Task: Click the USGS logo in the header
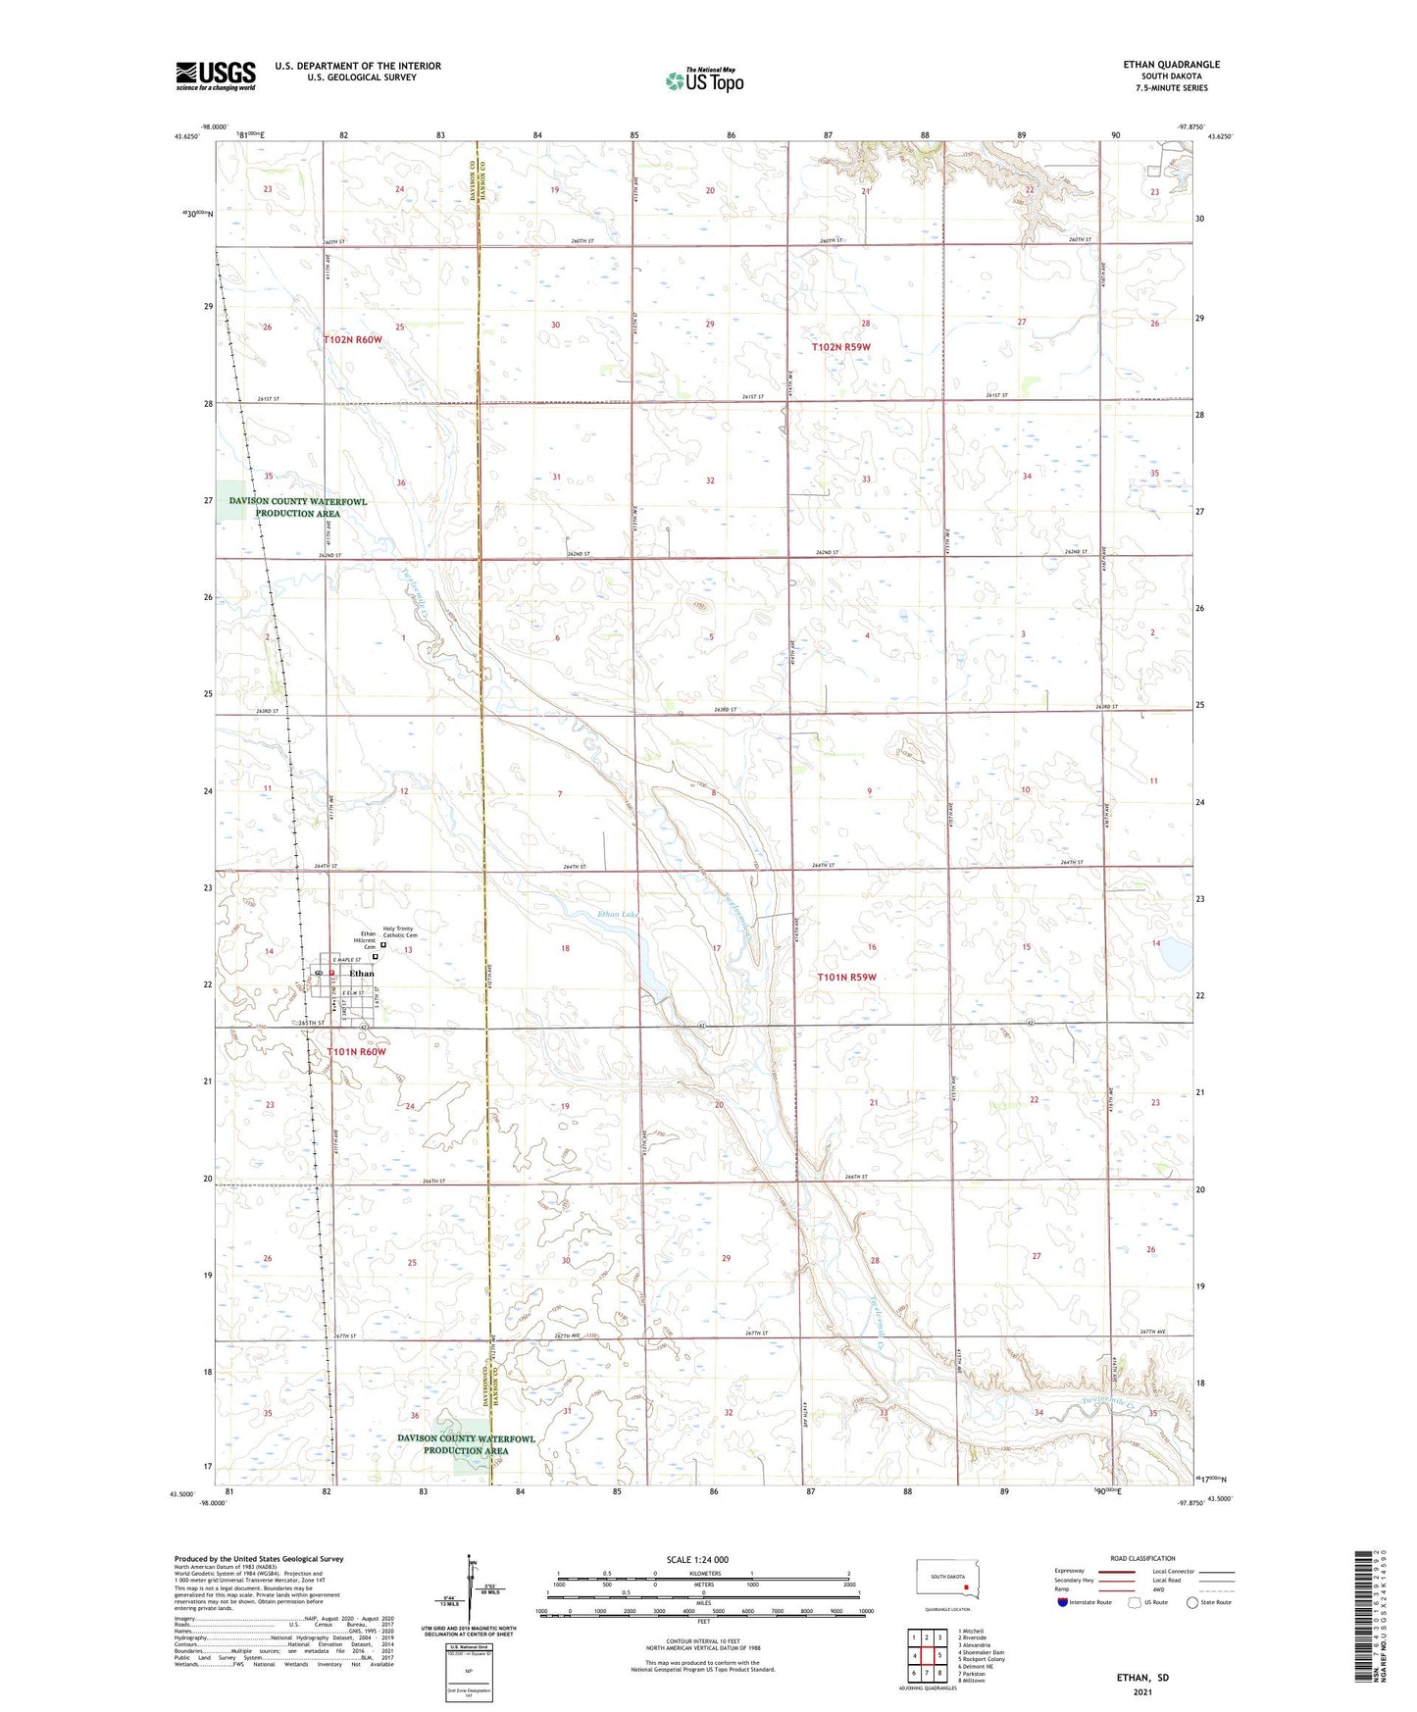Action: (x=216, y=76)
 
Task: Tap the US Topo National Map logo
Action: (x=704, y=79)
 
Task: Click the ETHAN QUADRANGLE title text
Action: (x=1171, y=65)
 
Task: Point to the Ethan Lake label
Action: (x=618, y=914)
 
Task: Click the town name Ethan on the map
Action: (x=362, y=974)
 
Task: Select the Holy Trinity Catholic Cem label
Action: (x=399, y=932)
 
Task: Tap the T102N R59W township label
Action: (x=840, y=347)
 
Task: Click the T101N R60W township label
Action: (x=357, y=1051)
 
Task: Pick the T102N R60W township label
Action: (x=352, y=339)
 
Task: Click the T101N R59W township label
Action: (x=846, y=977)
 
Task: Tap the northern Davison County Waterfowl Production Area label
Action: (x=298, y=507)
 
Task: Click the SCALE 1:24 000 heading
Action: (x=697, y=1559)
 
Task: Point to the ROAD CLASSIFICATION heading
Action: (x=1141, y=1558)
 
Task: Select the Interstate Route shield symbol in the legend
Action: (x=1063, y=1602)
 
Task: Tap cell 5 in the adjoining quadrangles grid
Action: (x=927, y=1656)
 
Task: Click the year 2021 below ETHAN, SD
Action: (x=1141, y=1691)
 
